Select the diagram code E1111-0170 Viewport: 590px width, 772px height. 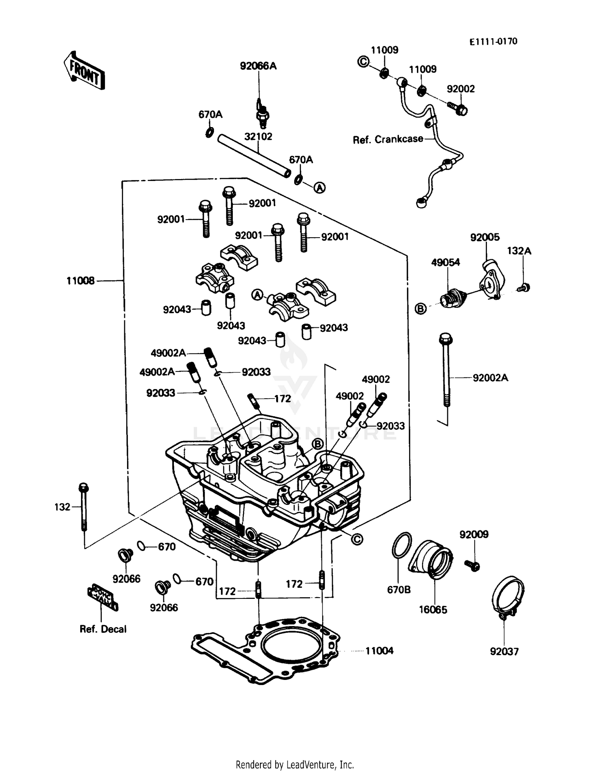pyautogui.click(x=493, y=42)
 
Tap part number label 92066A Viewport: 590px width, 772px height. pyautogui.click(x=258, y=66)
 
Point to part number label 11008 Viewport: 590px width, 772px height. pyautogui.click(x=80, y=281)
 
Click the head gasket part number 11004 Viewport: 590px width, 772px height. pyautogui.click(x=379, y=650)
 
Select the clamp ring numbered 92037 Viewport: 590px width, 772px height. pyautogui.click(x=508, y=596)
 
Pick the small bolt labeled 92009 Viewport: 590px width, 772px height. pyautogui.click(x=472, y=565)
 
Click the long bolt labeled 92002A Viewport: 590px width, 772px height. pyautogui.click(x=446, y=370)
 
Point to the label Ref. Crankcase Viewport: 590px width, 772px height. pyautogui.click(x=388, y=139)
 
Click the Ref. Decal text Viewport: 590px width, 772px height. pyautogui.click(x=103, y=629)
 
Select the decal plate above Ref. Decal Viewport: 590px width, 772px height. pyautogui.click(x=102, y=597)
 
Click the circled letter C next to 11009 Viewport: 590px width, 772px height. pyautogui.click(x=363, y=61)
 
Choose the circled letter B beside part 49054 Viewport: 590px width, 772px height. pyautogui.click(x=420, y=308)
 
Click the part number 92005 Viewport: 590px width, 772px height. pyautogui.click(x=485, y=237)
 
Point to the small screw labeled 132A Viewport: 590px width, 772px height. pyautogui.click(x=524, y=288)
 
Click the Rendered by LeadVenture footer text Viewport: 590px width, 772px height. pyautogui.click(x=295, y=765)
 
